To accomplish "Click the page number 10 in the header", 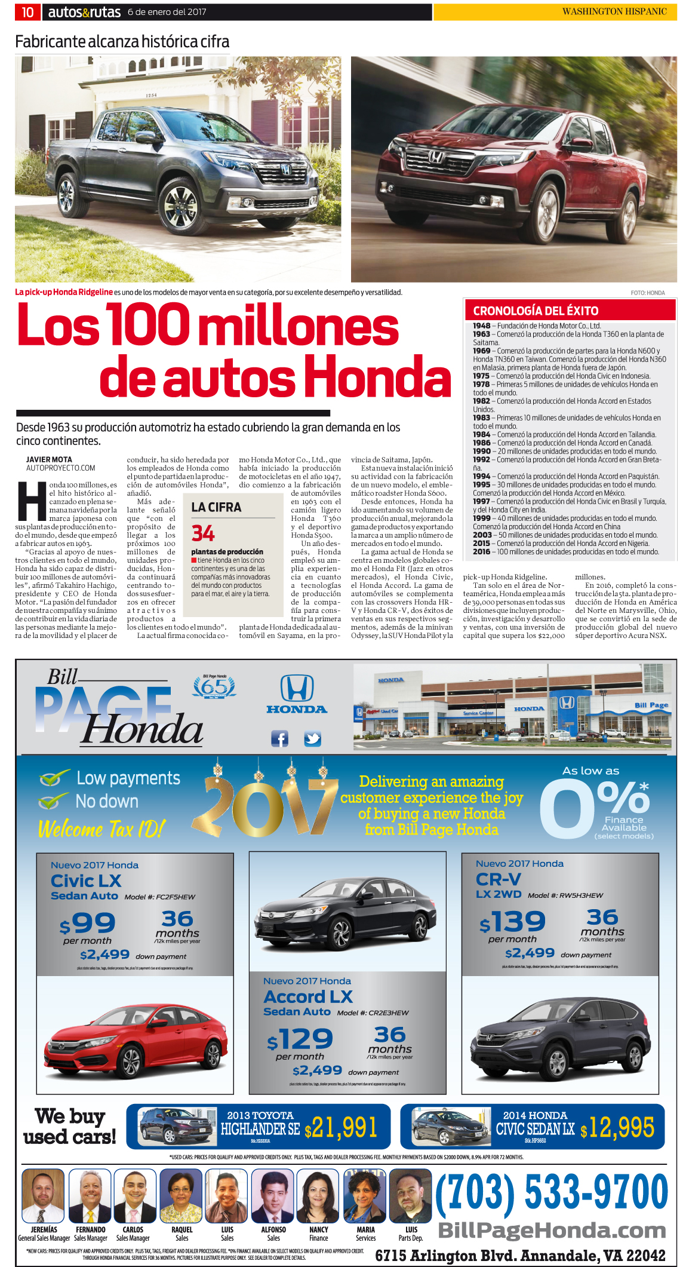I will pyautogui.click(x=27, y=12).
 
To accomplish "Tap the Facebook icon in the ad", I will pyautogui.click(x=279, y=739).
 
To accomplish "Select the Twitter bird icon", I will pyautogui.click(x=312, y=739).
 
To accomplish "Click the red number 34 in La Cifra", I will pyautogui.click(x=203, y=533).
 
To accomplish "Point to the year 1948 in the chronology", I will pyautogui.click(x=481, y=326).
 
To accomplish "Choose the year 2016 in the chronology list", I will pyautogui.click(x=481, y=552).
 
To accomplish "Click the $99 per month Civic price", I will pyautogui.click(x=87, y=924).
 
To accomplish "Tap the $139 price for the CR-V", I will pyautogui.click(x=512, y=922).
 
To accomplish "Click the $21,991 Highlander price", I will pyautogui.click(x=341, y=1128).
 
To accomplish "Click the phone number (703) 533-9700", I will pyautogui.click(x=551, y=1192).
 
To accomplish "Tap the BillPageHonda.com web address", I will pyautogui.click(x=552, y=1231).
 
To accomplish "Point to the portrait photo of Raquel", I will pyautogui.click(x=182, y=1196).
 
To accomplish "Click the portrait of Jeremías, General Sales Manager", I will pyautogui.click(x=43, y=1196).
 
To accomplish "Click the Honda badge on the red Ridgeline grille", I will pyautogui.click(x=436, y=157).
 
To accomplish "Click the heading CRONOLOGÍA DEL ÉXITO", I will pyautogui.click(x=536, y=311).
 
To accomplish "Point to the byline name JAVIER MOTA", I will pyautogui.click(x=49, y=459).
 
